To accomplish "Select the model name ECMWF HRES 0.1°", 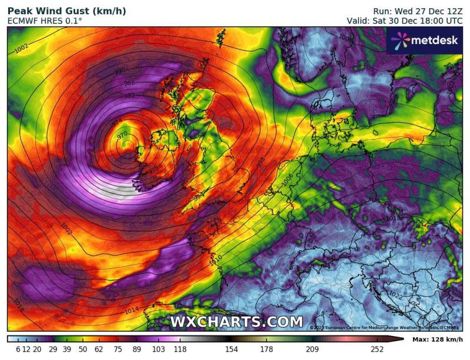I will coord(45,21).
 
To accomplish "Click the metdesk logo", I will coord(424,40).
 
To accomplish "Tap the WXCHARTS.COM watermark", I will coord(236,322).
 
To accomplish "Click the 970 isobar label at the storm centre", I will coord(122,135).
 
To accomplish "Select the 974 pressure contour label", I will coord(117,121).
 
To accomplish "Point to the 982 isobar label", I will coord(130,96).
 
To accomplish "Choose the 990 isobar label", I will coord(120,72).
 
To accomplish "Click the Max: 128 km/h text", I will coord(437,339).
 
